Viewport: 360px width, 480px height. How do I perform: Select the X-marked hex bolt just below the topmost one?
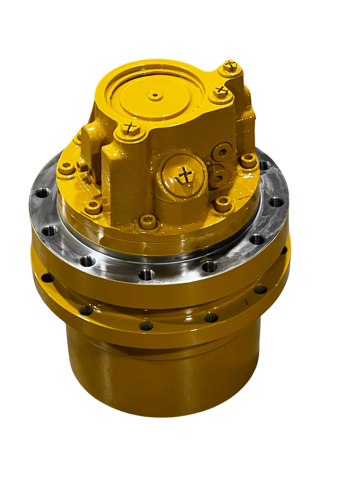tap(219, 92)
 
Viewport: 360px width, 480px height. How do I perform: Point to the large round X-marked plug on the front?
tap(185, 174)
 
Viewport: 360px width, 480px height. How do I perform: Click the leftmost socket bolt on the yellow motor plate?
tap(67, 168)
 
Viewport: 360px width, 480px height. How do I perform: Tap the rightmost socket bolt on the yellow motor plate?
tap(248, 161)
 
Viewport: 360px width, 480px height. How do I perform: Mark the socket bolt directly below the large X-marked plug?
tap(223, 203)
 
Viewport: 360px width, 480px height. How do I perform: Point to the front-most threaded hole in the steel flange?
tap(146, 275)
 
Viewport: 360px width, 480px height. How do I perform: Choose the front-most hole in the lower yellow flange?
tap(146, 326)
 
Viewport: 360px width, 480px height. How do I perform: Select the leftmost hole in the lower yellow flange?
tap(48, 277)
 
